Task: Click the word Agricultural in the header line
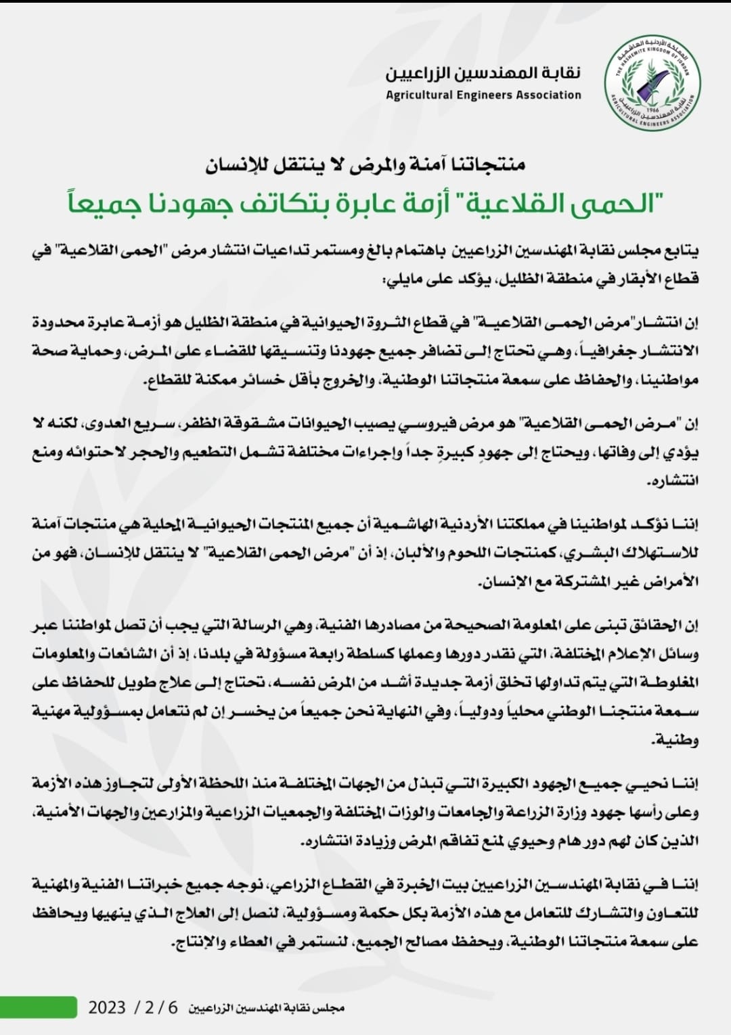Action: click(420, 95)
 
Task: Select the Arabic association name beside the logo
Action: click(483, 73)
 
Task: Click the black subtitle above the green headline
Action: click(365, 164)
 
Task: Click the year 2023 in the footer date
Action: click(107, 1007)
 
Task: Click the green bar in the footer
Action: click(39, 1006)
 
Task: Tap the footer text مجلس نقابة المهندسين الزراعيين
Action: click(266, 1008)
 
